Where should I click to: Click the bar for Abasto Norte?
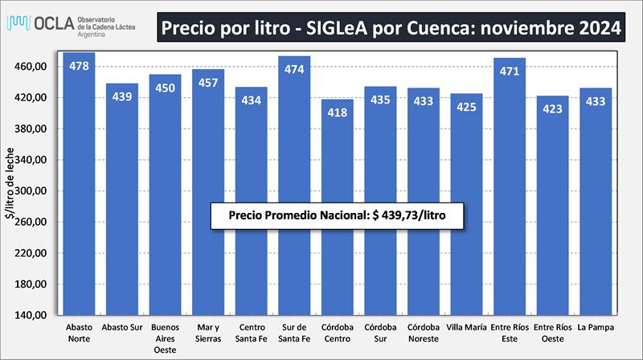point(79,185)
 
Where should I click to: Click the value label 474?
point(294,70)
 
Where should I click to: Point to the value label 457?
point(208,84)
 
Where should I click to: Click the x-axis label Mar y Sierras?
point(208,333)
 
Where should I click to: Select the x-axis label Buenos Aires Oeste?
point(165,337)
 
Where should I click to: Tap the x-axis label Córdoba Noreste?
point(423,333)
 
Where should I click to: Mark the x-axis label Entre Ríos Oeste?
point(552,333)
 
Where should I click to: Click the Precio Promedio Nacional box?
point(338,216)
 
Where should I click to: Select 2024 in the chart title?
point(596,27)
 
